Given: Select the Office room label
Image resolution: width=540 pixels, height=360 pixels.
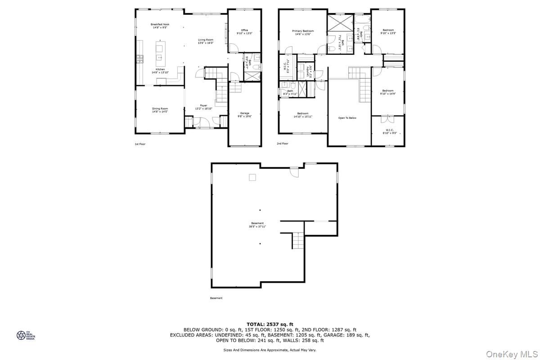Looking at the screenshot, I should coord(244,31).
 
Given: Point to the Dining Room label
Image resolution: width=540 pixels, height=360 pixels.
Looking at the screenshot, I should coord(160,110).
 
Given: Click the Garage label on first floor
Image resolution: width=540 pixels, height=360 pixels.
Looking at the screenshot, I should coord(244,115).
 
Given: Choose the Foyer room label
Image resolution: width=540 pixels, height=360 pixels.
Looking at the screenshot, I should coord(204,107).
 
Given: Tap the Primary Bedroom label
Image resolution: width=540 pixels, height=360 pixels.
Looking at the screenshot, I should coord(304,32).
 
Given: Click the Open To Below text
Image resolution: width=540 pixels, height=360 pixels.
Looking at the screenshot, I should coord(347,118).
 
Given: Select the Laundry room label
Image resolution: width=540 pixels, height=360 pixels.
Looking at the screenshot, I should coord(309,72).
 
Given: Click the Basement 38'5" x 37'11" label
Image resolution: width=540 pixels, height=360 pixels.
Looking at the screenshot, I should coord(257,225).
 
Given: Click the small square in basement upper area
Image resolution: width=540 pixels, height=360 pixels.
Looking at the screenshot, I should coord(252,177).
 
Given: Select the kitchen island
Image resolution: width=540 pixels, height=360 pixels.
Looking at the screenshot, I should coord(160,51).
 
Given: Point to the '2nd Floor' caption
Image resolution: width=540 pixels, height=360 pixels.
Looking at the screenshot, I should coord(283,144).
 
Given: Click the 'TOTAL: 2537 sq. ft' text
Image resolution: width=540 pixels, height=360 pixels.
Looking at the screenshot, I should coord(270,324).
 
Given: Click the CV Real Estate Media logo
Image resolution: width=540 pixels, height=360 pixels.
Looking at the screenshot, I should coord(26,335).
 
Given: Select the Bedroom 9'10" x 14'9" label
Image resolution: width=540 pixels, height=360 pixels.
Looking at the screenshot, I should coord(387,92).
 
